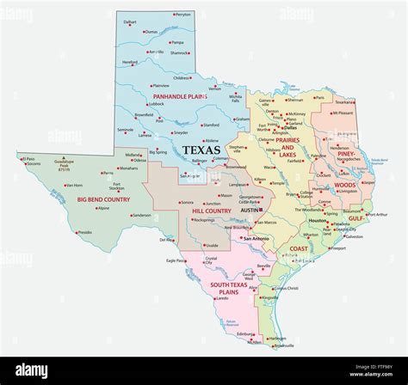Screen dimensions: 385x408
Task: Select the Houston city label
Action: tap(316, 222)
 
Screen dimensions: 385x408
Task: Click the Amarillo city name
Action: tap(155, 52)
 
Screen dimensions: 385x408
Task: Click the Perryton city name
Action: tap(182, 15)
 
